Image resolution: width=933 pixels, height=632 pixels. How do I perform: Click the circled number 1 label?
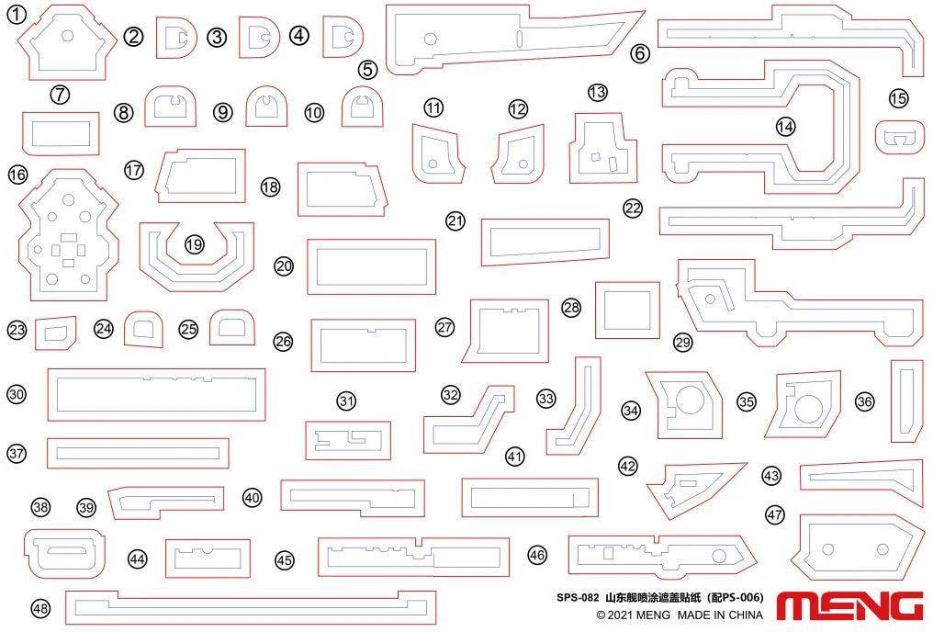click(17, 15)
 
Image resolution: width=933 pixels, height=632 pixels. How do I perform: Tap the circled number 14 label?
click(785, 126)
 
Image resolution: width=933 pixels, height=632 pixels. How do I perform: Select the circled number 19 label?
click(195, 244)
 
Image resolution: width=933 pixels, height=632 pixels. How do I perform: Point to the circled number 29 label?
click(682, 343)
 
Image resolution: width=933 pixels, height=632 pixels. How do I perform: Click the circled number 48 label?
click(40, 608)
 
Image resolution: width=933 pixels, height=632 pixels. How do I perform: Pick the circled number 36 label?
click(864, 401)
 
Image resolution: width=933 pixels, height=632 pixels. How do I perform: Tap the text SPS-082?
click(578, 597)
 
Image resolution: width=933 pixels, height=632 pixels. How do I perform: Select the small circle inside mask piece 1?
click(68, 36)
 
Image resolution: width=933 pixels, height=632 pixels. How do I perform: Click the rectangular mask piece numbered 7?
click(61, 132)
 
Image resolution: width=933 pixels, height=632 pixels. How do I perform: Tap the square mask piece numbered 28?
click(627, 310)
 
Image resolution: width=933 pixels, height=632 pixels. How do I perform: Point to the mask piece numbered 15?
click(900, 137)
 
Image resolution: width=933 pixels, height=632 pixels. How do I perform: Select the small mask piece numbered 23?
click(55, 333)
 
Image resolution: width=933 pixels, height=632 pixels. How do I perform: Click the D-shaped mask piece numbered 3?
click(259, 37)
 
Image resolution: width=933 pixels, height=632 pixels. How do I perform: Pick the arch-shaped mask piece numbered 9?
click(267, 107)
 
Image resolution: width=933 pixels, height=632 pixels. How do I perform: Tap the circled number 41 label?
click(514, 457)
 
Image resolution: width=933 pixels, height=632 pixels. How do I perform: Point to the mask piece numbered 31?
click(348, 440)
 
